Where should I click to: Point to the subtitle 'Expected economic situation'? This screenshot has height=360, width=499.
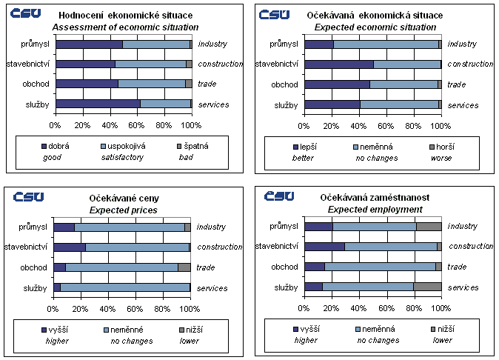point(377,27)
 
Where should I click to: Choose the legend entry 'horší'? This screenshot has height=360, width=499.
point(441,147)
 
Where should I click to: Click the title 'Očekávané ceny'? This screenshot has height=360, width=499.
point(124,199)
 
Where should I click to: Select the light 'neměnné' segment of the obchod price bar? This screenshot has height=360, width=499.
point(121,267)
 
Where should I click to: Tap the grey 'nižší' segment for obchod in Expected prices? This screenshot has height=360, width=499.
point(184,267)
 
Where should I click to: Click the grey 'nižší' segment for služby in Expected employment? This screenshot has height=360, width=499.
point(427,287)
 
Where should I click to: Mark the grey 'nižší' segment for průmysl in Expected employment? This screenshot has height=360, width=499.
point(429,227)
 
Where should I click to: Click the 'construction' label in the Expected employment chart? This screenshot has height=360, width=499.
point(471,247)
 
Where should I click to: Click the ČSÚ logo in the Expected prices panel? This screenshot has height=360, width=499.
point(29,196)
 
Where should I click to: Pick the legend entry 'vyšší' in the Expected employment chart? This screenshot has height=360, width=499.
point(307,329)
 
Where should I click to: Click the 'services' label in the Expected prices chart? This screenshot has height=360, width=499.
point(212,288)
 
